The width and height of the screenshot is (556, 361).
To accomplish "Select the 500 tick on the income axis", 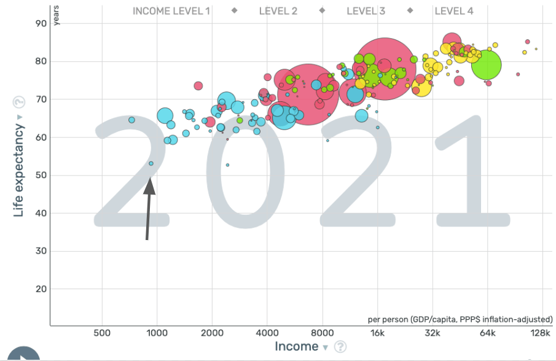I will click(102, 333).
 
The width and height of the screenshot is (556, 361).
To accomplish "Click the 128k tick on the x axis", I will click(540, 333).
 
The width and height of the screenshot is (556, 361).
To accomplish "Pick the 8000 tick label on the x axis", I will click(322, 333).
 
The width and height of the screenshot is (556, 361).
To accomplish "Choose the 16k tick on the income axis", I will click(377, 333).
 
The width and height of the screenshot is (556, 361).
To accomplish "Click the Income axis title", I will click(296, 347).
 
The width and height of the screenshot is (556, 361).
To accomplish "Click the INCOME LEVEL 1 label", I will click(175, 11).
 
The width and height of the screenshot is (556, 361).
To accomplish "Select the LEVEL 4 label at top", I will click(453, 11).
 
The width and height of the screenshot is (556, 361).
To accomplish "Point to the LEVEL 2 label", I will click(278, 11).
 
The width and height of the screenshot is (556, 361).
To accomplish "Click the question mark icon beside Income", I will click(340, 347).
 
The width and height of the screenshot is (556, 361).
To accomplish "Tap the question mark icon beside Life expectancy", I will click(19, 102).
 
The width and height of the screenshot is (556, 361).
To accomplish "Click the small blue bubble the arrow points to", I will click(151, 163).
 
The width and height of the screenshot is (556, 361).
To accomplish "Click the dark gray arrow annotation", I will click(149, 209).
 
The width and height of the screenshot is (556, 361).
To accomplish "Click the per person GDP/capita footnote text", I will click(460, 319).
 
